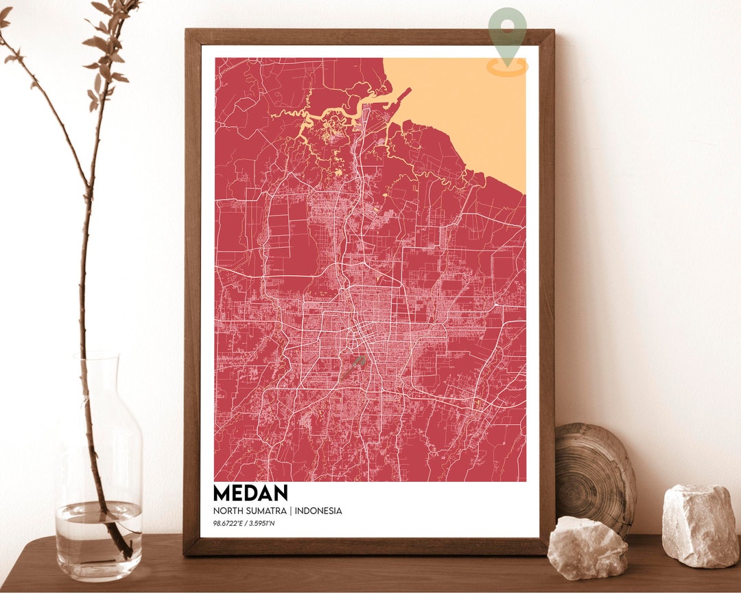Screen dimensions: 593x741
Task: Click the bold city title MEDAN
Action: pos(250,493)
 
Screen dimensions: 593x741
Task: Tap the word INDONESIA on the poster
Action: pos(318,511)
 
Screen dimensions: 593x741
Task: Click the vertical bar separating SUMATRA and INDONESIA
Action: pos(291,511)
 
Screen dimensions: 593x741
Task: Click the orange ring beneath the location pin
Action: pos(508,68)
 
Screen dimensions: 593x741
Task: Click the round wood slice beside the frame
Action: pos(594,474)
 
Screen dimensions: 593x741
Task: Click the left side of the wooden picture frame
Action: pos(192,288)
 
